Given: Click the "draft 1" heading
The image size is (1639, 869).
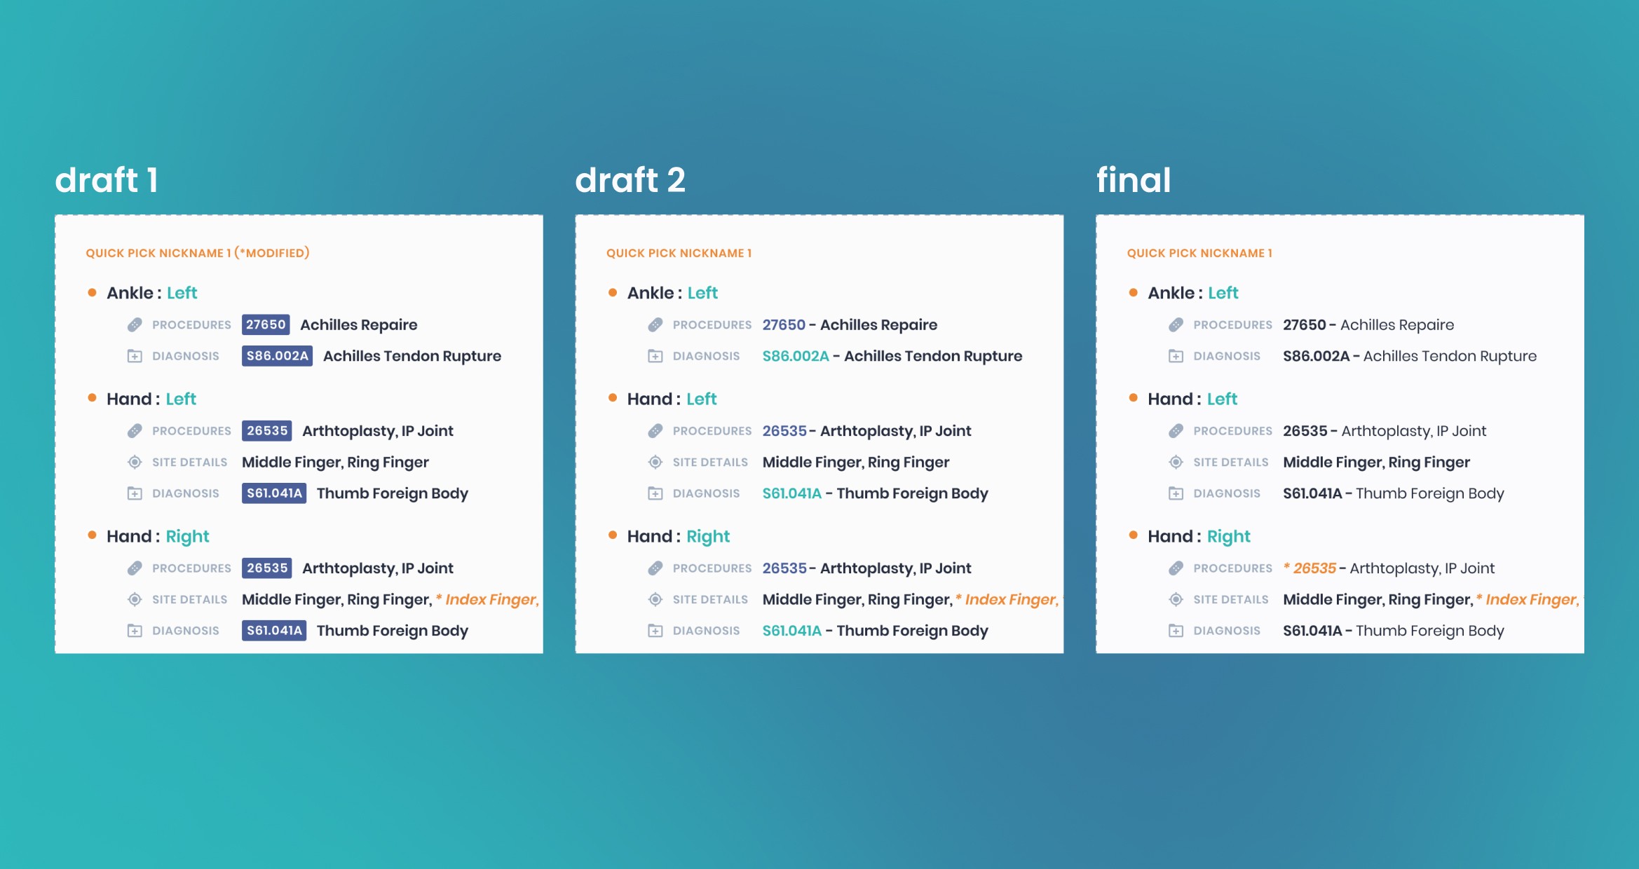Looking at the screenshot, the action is [107, 180].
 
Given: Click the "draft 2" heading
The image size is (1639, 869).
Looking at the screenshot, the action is [630, 180].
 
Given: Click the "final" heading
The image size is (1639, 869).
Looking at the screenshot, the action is [1134, 180].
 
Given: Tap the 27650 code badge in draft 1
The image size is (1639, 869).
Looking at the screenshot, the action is [266, 324].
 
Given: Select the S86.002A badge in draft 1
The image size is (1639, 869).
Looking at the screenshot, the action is [278, 356].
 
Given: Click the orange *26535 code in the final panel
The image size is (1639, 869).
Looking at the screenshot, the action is [1310, 568].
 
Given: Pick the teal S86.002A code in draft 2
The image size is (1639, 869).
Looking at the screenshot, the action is [796, 356].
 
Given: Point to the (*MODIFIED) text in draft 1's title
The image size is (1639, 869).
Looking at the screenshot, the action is [272, 253].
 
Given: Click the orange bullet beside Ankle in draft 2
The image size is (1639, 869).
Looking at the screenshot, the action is [613, 292].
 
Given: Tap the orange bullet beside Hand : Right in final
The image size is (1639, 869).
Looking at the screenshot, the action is [1134, 535].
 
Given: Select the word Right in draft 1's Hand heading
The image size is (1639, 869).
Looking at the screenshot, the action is [187, 537].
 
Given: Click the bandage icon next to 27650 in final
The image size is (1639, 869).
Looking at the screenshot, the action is [1176, 324].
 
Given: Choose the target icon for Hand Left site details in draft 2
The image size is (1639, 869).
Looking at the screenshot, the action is [655, 462].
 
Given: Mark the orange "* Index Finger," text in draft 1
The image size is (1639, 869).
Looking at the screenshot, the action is [487, 600].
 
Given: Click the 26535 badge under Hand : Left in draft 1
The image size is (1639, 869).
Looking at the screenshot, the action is [267, 431].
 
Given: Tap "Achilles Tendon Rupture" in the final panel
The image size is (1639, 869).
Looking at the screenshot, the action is [1450, 356].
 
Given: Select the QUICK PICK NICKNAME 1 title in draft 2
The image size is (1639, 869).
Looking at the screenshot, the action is [679, 253].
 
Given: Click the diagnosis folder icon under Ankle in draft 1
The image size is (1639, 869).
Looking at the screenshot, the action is [135, 356].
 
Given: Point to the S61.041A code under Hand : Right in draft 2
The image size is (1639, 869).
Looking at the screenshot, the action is [791, 631].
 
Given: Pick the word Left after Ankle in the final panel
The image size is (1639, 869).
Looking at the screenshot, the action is [1223, 293].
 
